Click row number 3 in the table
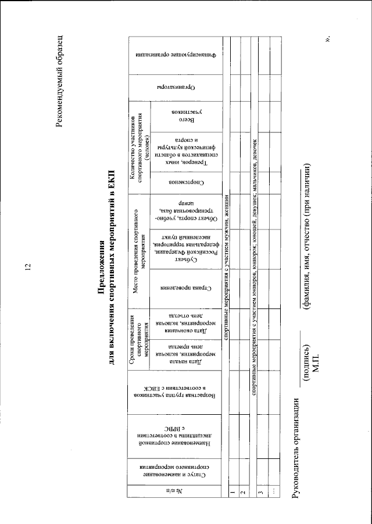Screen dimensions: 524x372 (x=261, y=492)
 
